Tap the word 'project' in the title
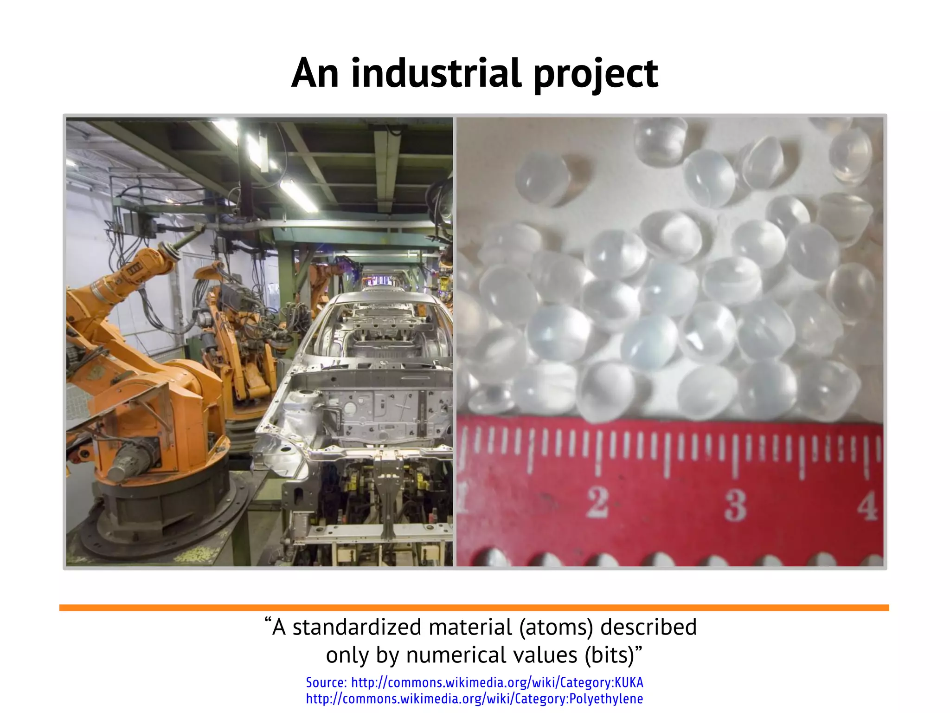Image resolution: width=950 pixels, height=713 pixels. pos(596,74)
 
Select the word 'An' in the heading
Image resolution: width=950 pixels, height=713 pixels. pos(315,73)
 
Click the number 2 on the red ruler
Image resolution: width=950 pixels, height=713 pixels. pos(597,502)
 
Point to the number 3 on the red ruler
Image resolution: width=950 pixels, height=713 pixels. pos(736,505)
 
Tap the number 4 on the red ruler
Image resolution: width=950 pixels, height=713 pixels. pos(867,506)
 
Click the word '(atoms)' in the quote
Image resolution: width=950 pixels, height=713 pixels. pos(556,627)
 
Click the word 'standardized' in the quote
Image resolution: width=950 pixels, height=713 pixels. pos(357,627)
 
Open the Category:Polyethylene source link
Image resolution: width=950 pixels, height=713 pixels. pos(475,699)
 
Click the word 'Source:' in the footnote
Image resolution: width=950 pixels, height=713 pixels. pos(326,682)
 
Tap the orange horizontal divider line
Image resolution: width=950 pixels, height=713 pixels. pos(474,608)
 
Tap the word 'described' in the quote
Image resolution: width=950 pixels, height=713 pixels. pos(648,627)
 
